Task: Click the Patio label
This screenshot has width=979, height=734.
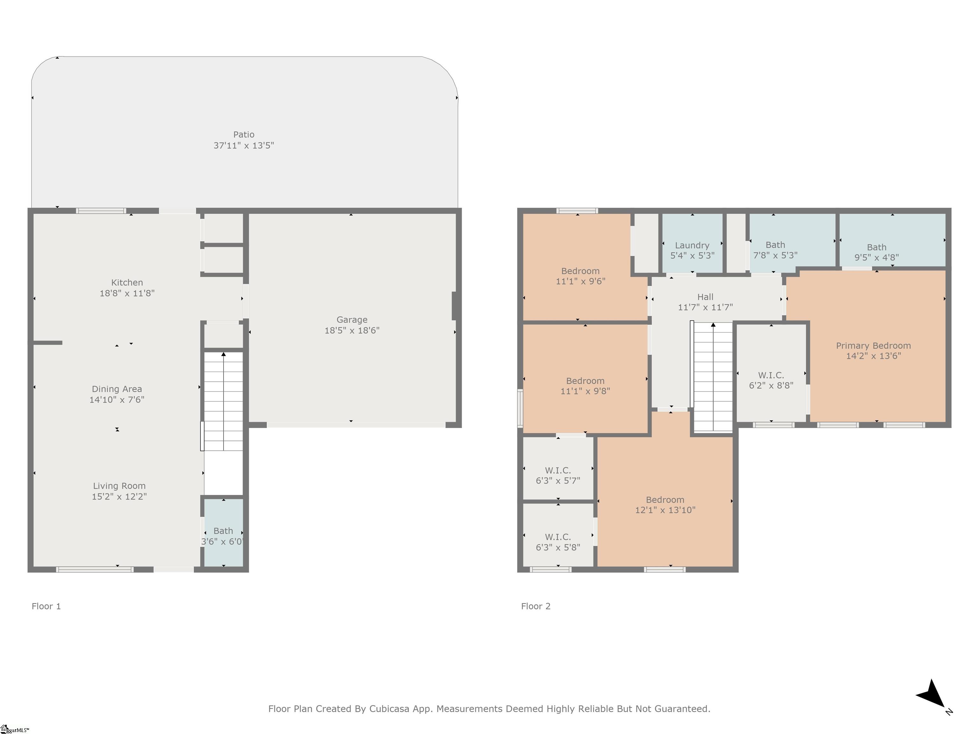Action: (x=244, y=134)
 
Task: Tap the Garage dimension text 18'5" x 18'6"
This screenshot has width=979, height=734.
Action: (x=352, y=330)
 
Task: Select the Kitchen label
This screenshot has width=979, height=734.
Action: (x=127, y=283)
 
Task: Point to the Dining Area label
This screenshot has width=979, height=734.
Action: (x=117, y=389)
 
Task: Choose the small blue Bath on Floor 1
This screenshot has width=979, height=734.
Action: (x=223, y=532)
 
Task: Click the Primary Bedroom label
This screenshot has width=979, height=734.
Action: (x=873, y=346)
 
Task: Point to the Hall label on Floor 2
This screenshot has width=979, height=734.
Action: (x=706, y=297)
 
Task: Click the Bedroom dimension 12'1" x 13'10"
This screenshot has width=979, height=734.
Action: (x=665, y=510)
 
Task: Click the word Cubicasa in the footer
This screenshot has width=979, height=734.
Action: (x=389, y=709)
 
